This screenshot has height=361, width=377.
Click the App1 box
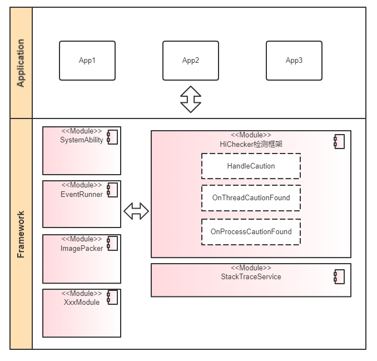tap(87, 61)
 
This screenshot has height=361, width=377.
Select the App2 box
tap(191, 61)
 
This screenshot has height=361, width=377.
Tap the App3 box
tap(294, 61)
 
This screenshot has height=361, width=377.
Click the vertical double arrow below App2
tap(191, 100)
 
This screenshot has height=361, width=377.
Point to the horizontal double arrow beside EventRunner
tap(136, 211)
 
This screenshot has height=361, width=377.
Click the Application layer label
tap(21, 63)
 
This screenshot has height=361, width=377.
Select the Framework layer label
tap(21, 234)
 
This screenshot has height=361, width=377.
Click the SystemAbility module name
tap(82, 140)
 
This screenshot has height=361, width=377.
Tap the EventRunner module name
tap(82, 194)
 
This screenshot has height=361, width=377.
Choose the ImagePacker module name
tap(82, 248)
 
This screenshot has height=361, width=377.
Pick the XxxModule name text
tap(82, 302)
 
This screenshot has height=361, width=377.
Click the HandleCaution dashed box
tap(251, 166)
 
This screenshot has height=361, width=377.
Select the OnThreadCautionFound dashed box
tap(251, 197)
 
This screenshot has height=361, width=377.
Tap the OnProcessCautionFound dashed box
tap(251, 231)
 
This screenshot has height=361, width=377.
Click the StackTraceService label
tap(251, 276)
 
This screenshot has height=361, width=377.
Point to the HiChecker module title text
tap(251, 144)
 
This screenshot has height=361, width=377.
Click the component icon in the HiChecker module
tap(339, 141)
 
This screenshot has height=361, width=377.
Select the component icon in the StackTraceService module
tap(339, 276)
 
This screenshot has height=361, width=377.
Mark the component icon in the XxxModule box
tap(112, 298)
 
